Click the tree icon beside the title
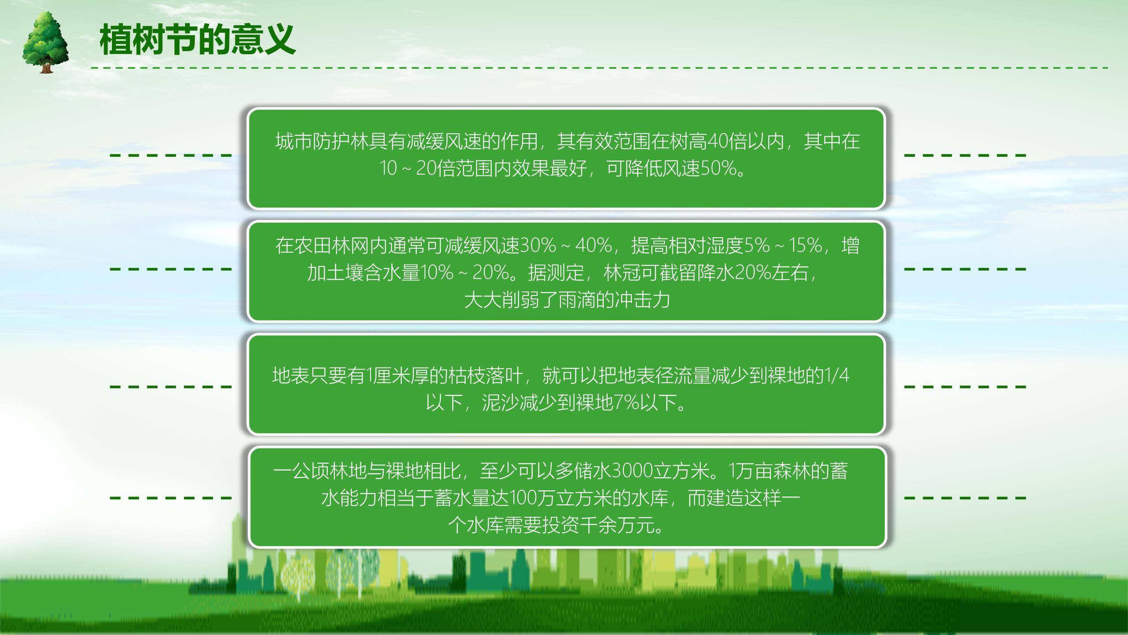(45, 43)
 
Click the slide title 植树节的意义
(197, 40)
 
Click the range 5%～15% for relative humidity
(783, 246)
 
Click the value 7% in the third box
(627, 402)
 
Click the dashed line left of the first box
(171, 155)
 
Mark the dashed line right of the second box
(965, 269)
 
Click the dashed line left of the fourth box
(171, 498)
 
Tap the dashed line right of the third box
(965, 387)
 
